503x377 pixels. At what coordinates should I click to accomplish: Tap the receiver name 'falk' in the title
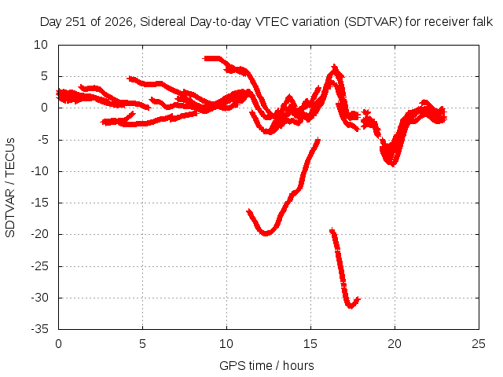pyautogui.click(x=483, y=22)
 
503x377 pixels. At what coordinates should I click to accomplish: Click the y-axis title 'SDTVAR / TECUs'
pyautogui.click(x=10, y=188)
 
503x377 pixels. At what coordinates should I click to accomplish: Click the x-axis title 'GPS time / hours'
pyautogui.click(x=266, y=366)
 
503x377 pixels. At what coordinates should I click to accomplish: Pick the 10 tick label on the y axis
pyautogui.click(x=41, y=45)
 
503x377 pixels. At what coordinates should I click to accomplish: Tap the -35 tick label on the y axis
pyautogui.click(x=39, y=329)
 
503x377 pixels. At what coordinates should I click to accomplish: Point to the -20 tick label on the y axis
pyautogui.click(x=39, y=234)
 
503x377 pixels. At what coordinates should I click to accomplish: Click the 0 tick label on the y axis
pyautogui.click(x=44, y=108)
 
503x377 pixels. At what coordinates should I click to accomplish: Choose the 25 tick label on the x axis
pyautogui.click(x=479, y=344)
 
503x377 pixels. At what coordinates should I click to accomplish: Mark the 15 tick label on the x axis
pyautogui.click(x=310, y=344)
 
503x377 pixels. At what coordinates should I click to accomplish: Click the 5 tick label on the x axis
pyautogui.click(x=142, y=344)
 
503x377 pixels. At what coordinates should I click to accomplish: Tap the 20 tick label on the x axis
pyautogui.click(x=395, y=344)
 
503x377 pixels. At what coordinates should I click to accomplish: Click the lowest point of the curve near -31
pyautogui.click(x=351, y=306)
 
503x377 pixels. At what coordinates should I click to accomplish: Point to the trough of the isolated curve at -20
pyautogui.click(x=266, y=233)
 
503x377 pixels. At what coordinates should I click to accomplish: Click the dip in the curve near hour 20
pyautogui.click(x=392, y=164)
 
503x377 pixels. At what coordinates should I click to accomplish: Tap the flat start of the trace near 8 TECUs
pyautogui.click(x=211, y=59)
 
